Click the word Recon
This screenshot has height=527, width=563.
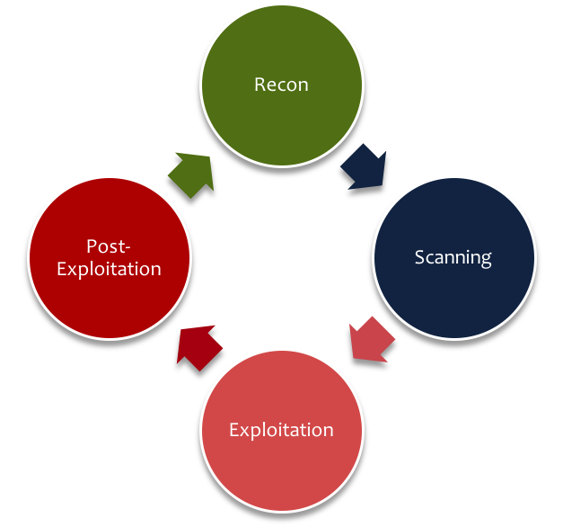coord(281,85)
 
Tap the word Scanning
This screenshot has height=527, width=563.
coord(453,257)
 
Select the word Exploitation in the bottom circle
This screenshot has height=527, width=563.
coord(281,430)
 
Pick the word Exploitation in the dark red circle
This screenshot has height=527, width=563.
coord(109,269)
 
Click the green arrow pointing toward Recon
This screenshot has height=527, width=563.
coord(191,174)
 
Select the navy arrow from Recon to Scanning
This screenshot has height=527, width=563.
coord(364,165)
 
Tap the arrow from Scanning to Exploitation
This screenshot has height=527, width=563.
coord(371,339)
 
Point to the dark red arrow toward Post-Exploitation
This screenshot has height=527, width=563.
coord(198,346)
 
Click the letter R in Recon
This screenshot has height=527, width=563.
coord(260,85)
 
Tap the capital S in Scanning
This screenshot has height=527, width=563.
coord(419,257)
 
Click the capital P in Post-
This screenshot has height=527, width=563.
coord(91,246)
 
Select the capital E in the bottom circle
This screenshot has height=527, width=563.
coord(233,430)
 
